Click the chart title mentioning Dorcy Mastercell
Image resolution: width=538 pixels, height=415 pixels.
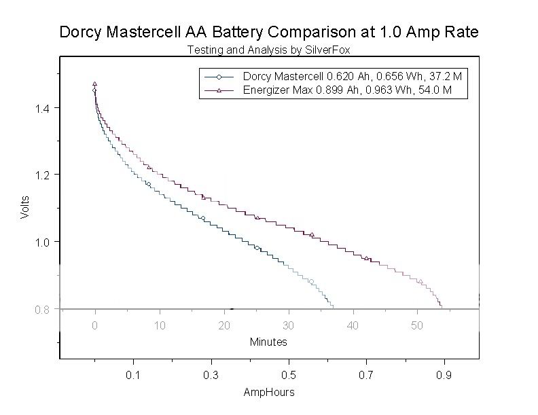pyautogui.click(x=269, y=32)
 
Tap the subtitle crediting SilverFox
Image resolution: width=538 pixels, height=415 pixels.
pyautogui.click(x=269, y=50)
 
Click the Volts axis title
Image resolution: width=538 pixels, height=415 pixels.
pyautogui.click(x=25, y=207)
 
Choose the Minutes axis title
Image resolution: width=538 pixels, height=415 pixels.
pyautogui.click(x=268, y=342)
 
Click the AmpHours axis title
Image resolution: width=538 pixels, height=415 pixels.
pyautogui.click(x=269, y=393)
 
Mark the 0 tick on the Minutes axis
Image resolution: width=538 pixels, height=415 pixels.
pyautogui.click(x=95, y=325)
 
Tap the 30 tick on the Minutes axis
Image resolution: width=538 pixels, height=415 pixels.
pyautogui.click(x=289, y=325)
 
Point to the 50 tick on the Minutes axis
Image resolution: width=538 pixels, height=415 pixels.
pyautogui.click(x=417, y=325)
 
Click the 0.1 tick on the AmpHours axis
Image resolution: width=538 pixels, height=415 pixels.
pyautogui.click(x=133, y=375)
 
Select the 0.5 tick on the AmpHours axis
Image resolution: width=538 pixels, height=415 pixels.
pyautogui.click(x=289, y=375)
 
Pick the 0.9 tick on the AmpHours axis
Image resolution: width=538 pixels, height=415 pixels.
pyautogui.click(x=444, y=375)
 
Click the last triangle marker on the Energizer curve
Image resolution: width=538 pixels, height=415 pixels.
pyautogui.click(x=420, y=281)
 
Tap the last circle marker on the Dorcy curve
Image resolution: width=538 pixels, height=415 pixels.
pyautogui.click(x=311, y=281)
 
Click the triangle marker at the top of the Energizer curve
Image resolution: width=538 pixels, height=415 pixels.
pyautogui.click(x=95, y=84)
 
